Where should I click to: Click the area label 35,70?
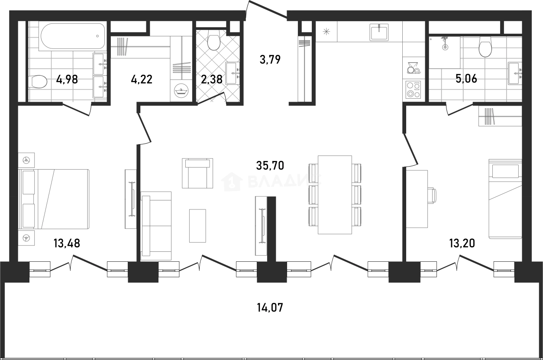pyautogui.click(x=270, y=166)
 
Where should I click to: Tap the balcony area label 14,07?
pyautogui.click(x=270, y=308)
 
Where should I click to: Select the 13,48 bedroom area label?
pyautogui.click(x=67, y=243)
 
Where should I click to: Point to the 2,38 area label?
pyautogui.click(x=212, y=79)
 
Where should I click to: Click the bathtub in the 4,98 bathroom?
pyautogui.click(x=73, y=36)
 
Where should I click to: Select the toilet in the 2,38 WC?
pyautogui.click(x=214, y=42)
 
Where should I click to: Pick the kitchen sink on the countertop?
pyautogui.click(x=379, y=32)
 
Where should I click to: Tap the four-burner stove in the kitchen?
pyautogui.click(x=413, y=90)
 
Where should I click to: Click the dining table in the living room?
pyautogui.click(x=335, y=195)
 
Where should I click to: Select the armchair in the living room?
pyautogui.click(x=197, y=173)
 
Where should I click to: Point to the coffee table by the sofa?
pyautogui.click(x=197, y=226)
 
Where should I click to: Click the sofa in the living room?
pyautogui.click(x=156, y=226)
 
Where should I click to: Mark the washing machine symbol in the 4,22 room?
pyautogui.click(x=181, y=90)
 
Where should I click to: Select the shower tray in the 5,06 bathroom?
pyautogui.click(x=445, y=52)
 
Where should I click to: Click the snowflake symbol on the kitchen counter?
pyautogui.click(x=326, y=32)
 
